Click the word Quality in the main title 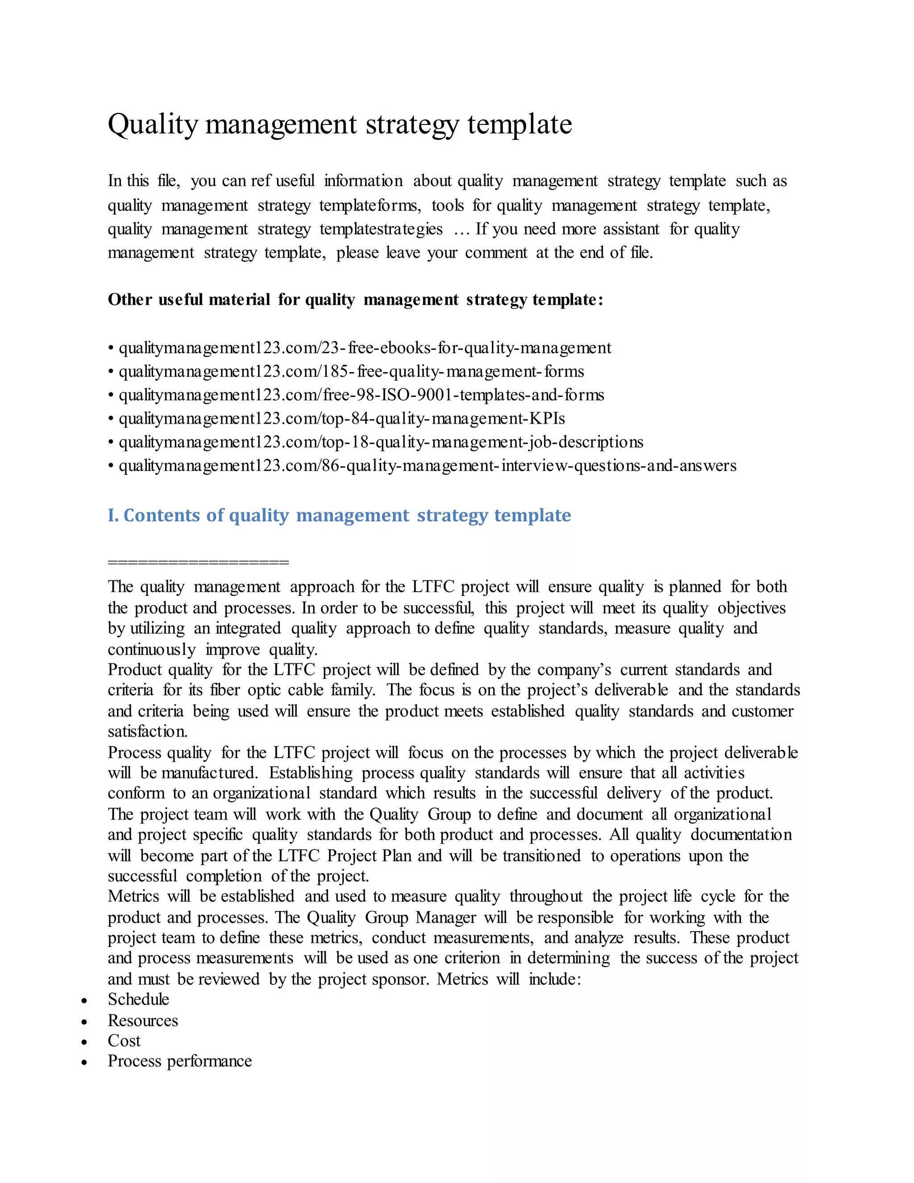click(153, 124)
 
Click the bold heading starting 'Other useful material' click(355, 300)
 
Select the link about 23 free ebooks click(365, 348)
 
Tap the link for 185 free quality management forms click(351, 371)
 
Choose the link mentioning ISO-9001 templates click(361, 395)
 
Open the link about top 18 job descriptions click(381, 442)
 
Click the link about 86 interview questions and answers click(427, 466)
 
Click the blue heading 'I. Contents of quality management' click(339, 515)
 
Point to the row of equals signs click(198, 562)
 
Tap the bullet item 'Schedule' click(139, 1000)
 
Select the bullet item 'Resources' click(143, 1021)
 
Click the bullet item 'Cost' click(124, 1041)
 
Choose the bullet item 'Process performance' click(180, 1061)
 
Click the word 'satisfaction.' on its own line click(147, 732)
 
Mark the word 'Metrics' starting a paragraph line click(133, 896)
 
